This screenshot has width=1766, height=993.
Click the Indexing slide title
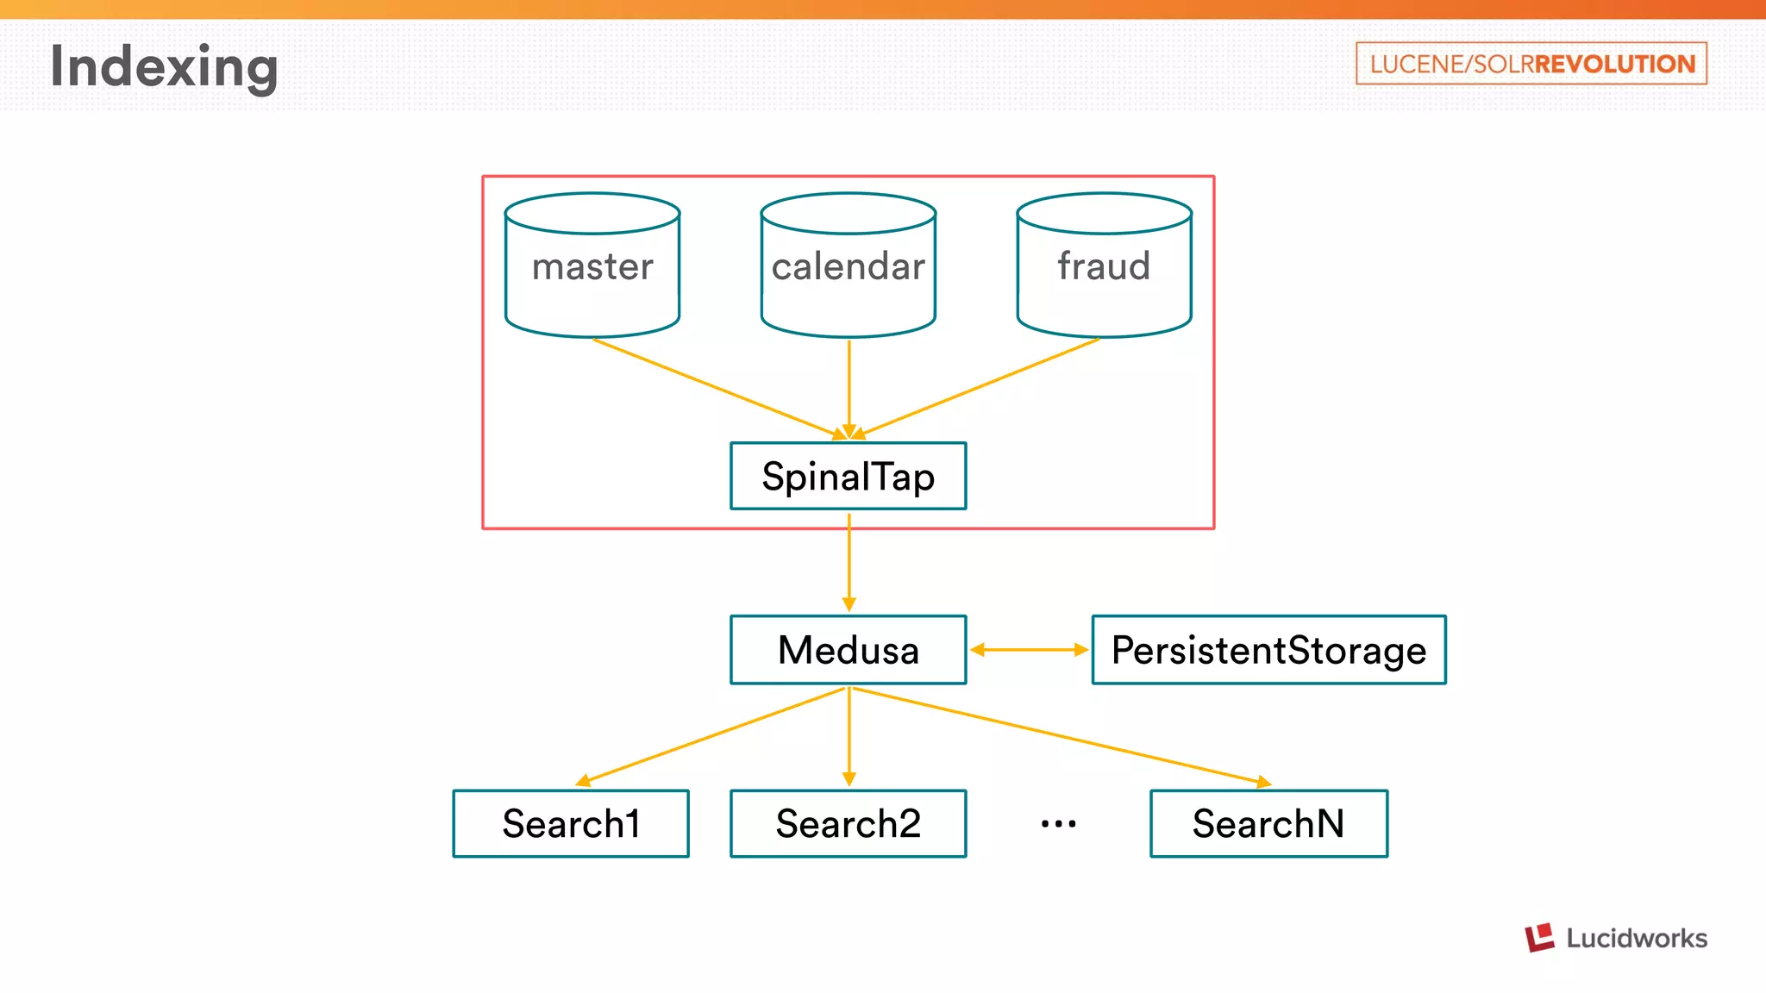click(x=164, y=66)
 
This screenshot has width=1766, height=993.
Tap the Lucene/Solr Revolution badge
click(x=1531, y=64)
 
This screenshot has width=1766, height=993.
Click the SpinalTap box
click(x=849, y=477)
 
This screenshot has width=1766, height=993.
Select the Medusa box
click(x=849, y=650)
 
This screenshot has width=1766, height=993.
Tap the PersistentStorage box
click(x=1268, y=650)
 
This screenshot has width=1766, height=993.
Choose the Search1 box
click(x=571, y=824)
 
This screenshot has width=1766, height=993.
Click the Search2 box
click(x=849, y=824)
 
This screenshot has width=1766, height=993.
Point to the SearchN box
click(x=1268, y=824)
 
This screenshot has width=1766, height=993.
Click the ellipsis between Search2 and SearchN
click(x=1058, y=824)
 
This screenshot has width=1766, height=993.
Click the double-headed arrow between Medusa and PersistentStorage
click(x=1029, y=650)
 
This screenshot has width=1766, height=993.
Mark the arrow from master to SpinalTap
click(x=716, y=388)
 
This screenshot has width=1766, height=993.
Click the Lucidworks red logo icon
click(x=1539, y=937)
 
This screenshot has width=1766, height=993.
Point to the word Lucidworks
click(x=1637, y=938)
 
